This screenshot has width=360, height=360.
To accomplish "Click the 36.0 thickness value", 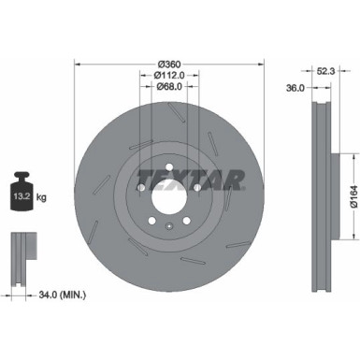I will tap(295, 88).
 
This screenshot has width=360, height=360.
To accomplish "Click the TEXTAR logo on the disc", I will tap(191, 178).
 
